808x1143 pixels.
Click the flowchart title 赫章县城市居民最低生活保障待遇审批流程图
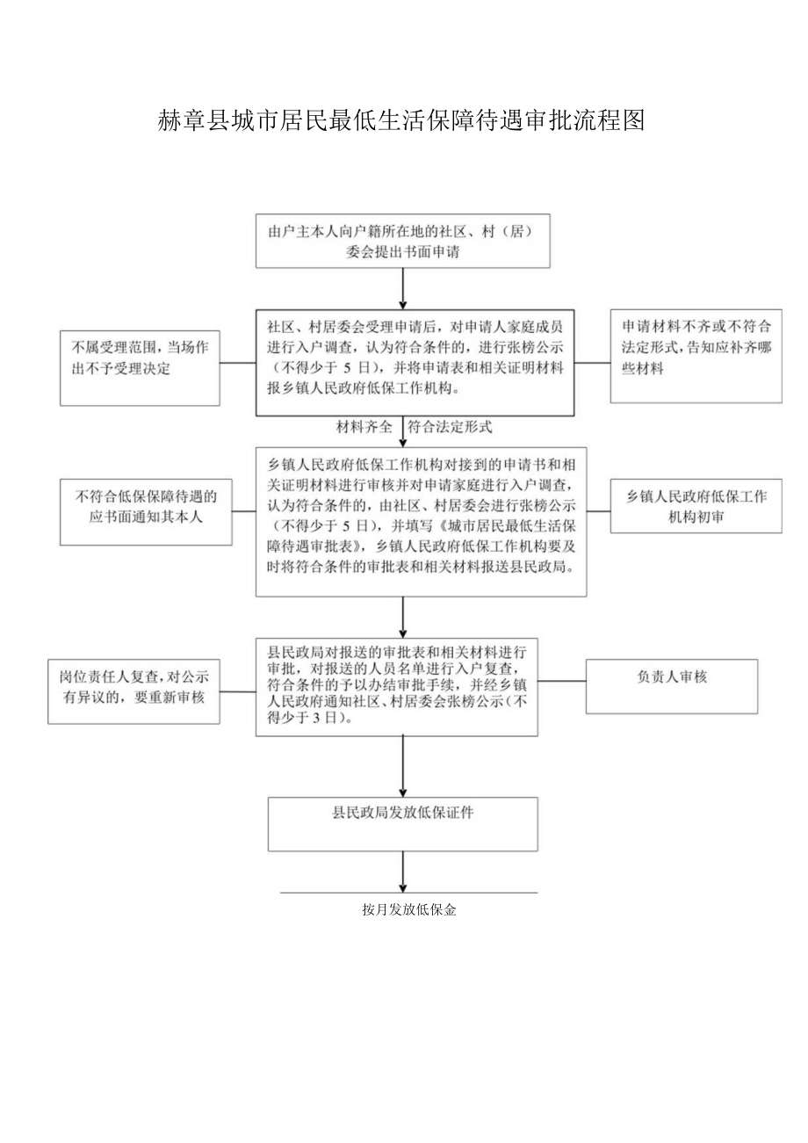coord(402,120)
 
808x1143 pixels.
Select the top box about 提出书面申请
coord(402,241)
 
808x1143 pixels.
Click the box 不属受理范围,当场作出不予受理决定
coord(140,368)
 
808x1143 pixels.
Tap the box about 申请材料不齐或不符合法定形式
coord(696,356)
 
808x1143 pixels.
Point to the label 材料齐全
coord(365,428)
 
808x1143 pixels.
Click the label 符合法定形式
coord(451,428)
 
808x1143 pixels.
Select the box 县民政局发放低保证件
coord(402,825)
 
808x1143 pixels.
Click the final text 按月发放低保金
coord(408,910)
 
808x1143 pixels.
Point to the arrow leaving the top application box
coord(402,288)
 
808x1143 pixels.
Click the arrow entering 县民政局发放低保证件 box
coord(402,766)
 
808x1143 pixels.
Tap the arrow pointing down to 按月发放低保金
coord(402,872)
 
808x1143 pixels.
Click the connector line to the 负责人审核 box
coord(562,682)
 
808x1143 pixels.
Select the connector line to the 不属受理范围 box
coord(238,362)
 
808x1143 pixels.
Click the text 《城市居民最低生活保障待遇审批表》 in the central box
coord(502,527)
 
